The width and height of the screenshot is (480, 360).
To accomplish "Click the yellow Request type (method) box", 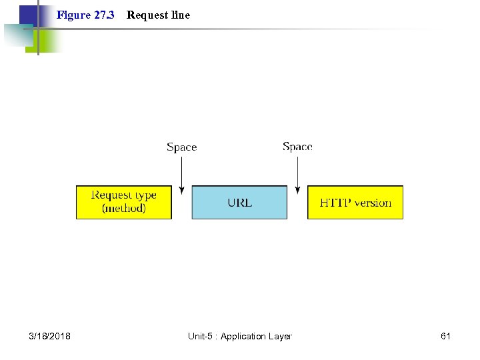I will [x=123, y=202].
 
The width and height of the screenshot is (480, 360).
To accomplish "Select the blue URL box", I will [x=239, y=202].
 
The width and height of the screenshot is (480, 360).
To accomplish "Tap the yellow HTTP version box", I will [x=355, y=202].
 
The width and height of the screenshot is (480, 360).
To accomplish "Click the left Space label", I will [x=181, y=147].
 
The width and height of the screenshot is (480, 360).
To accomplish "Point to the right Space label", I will [x=297, y=147].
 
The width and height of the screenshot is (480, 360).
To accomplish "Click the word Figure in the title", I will [x=73, y=15].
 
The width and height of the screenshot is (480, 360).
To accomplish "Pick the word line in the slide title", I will [x=180, y=15].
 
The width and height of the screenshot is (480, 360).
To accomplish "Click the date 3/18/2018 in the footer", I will [x=50, y=336].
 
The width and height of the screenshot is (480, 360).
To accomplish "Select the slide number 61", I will [x=445, y=336].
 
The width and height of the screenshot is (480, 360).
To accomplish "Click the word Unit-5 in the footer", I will [x=201, y=336].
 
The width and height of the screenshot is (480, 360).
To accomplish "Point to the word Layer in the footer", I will [x=279, y=336].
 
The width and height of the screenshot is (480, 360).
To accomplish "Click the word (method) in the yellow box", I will [x=123, y=209].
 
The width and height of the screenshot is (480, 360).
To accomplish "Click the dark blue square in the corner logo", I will [x=27, y=15].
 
